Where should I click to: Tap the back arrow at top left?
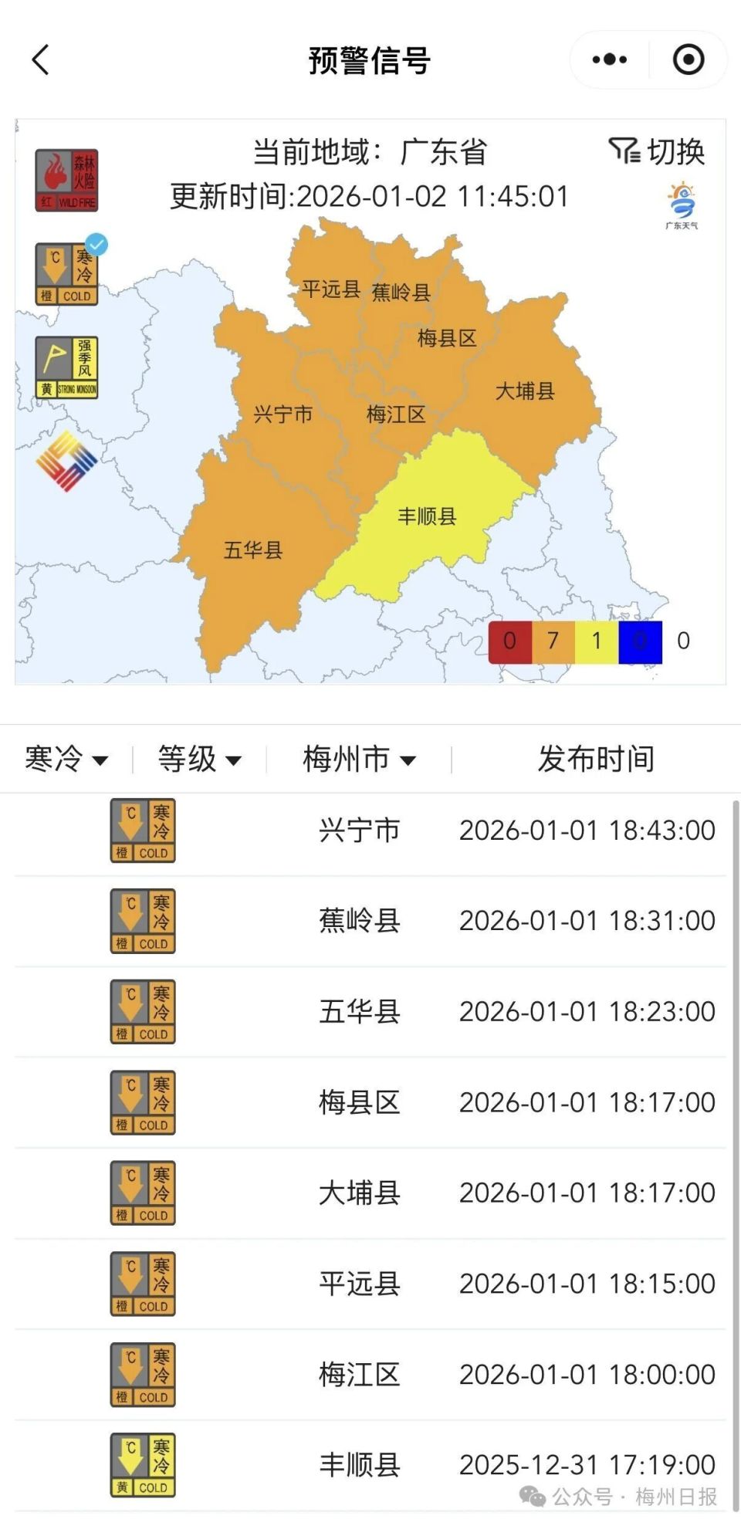[41, 59]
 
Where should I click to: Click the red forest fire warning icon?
[66, 181]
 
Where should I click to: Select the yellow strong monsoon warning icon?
[66, 367]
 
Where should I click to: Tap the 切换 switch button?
[658, 151]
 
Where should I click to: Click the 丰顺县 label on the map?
[427, 516]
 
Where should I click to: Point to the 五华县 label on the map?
[253, 550]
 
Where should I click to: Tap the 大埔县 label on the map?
[525, 391]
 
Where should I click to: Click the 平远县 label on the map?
[331, 289]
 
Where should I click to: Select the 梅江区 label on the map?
[396, 414]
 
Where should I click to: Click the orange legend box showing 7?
[553, 641]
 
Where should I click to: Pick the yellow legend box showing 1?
[596, 641]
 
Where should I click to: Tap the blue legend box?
[640, 641]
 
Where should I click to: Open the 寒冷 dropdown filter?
[66, 759]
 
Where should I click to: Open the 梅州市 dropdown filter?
[359, 759]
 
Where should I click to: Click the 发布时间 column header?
[596, 759]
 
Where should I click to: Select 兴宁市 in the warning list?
[360, 831]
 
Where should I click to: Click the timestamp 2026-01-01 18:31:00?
[587, 921]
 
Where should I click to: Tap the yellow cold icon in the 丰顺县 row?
[143, 1465]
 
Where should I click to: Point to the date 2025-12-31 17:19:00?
[587, 1464]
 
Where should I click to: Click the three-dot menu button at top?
[610, 59]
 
